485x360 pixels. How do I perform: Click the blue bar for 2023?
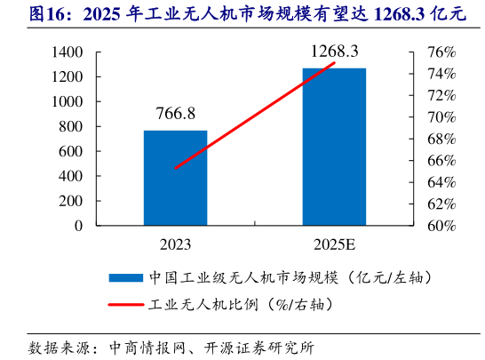pos(176,178)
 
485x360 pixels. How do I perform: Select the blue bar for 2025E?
pos(333,147)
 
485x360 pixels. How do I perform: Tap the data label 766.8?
pos(175,115)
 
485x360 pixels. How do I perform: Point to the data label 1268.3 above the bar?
pos(333,52)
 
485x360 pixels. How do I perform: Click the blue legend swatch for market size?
pos(124,276)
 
